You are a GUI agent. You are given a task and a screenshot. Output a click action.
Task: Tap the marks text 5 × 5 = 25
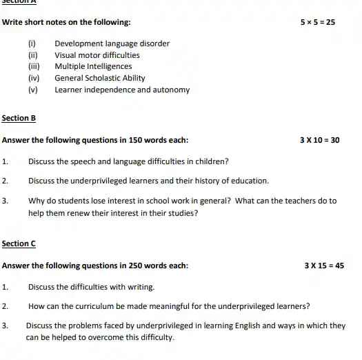[317, 22]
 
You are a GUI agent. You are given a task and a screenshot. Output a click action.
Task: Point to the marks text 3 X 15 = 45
[324, 266]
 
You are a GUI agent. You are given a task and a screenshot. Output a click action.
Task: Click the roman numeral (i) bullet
[31, 44]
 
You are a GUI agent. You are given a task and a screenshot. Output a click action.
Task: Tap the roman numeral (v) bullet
[32, 90]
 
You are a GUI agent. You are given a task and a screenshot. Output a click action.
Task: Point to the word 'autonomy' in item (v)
[172, 90]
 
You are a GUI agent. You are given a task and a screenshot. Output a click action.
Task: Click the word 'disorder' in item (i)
[155, 44]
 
